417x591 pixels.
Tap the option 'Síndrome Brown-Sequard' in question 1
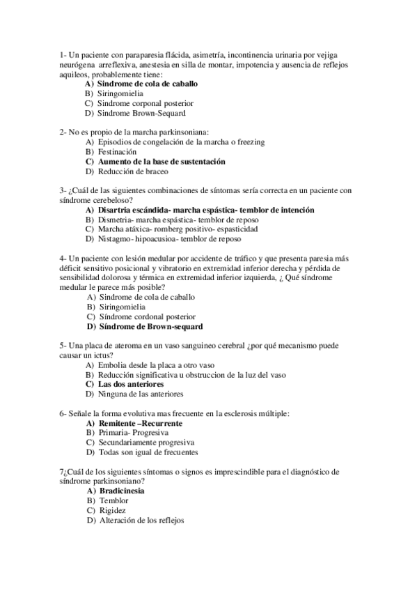(141, 113)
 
